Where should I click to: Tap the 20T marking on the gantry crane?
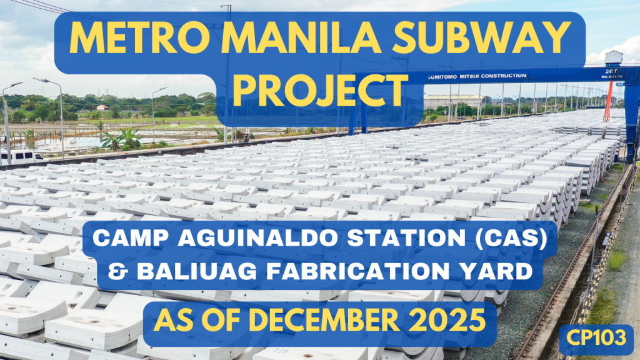609,71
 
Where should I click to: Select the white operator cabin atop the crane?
613,57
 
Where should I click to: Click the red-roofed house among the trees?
102,107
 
